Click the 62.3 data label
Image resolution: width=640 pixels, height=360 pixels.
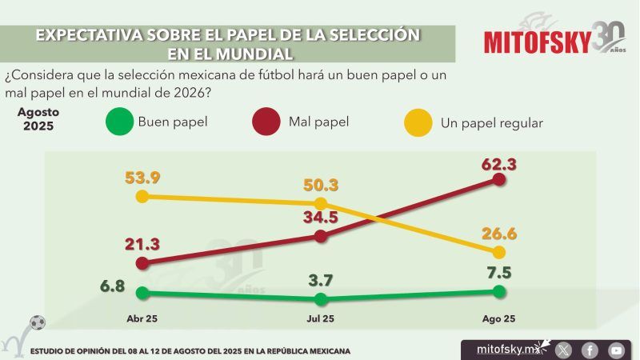(x=498, y=165)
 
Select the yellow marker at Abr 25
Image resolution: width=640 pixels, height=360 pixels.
(x=142, y=196)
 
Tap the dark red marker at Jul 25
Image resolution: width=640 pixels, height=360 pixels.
(x=321, y=236)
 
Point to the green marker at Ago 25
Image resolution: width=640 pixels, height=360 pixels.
(x=499, y=292)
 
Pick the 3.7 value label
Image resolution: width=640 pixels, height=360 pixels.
(x=321, y=281)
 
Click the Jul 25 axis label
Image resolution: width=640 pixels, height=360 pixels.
(x=321, y=318)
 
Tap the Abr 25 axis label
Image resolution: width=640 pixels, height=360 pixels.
(x=142, y=318)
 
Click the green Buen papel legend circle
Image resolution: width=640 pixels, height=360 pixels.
(x=118, y=123)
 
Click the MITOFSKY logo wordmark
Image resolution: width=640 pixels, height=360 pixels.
(x=536, y=42)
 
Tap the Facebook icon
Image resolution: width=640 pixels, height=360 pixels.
(x=590, y=350)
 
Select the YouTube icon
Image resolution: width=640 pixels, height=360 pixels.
(x=616, y=350)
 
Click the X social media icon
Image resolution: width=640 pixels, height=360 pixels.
(x=564, y=350)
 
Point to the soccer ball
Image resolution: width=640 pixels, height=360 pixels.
(x=38, y=322)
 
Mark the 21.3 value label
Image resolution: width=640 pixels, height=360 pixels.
(x=142, y=243)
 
